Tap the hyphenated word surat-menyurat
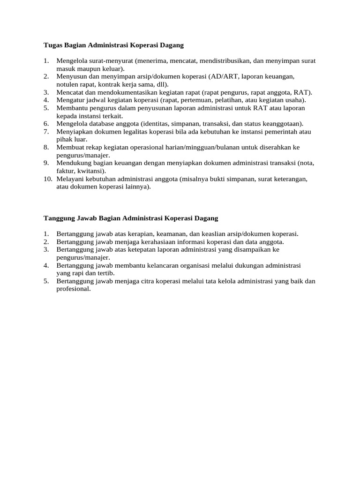click(x=111, y=61)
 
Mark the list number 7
click(x=46, y=132)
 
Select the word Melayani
click(x=70, y=179)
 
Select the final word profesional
click(x=73, y=289)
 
